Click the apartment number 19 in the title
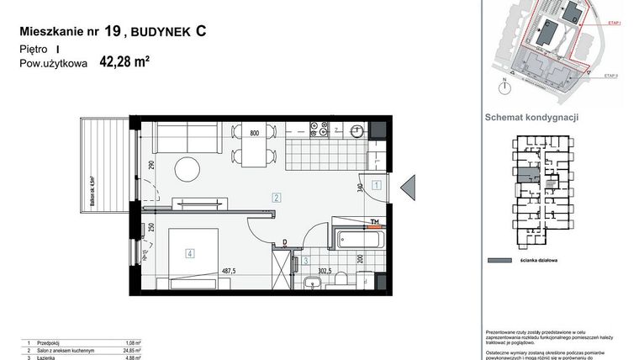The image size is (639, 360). tap(113, 32)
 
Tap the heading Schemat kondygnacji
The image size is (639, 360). tap(532, 118)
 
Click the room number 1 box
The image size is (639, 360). tap(378, 184)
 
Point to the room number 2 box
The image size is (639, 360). tap(276, 198)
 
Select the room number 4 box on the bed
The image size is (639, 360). tap(191, 251)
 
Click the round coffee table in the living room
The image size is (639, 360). tap(190, 166)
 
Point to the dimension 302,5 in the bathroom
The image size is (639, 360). tap(325, 271)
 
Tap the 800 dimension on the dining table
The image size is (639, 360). tap(254, 133)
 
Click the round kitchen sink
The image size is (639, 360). tap(357, 130)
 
